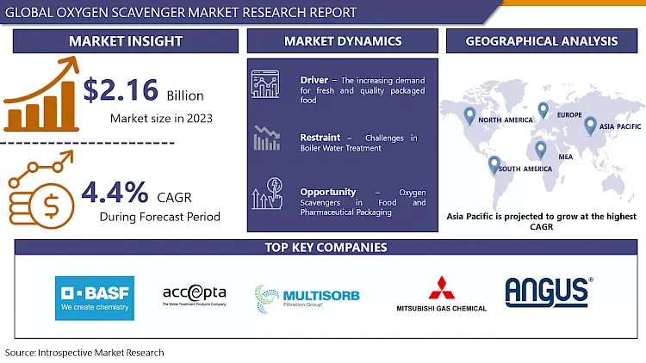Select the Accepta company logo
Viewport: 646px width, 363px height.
(195, 296)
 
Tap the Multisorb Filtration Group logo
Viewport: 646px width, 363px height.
(307, 298)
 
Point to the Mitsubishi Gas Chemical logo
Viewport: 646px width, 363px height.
(441, 294)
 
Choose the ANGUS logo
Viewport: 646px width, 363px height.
(547, 292)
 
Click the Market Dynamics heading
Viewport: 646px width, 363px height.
(343, 41)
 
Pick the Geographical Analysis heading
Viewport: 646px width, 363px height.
(542, 41)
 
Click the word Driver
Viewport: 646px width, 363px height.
(314, 81)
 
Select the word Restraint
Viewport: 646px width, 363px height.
(320, 138)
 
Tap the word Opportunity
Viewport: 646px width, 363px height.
(328, 191)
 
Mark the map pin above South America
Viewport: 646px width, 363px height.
(494, 163)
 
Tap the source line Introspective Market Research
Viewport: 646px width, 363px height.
(84, 353)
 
